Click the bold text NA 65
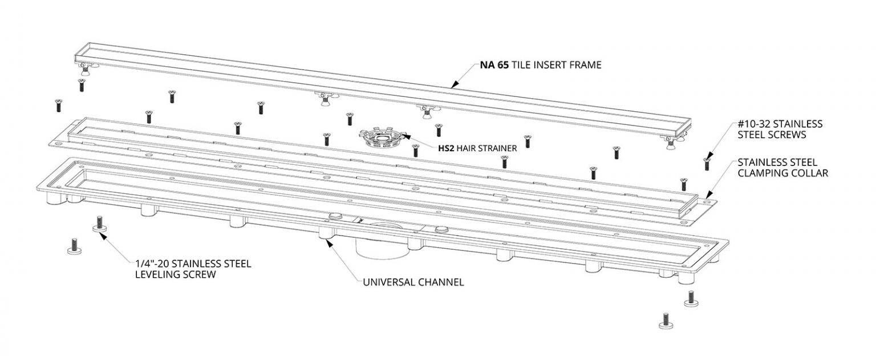click(494, 65)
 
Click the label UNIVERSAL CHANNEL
click(413, 282)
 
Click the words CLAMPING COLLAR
click(783, 173)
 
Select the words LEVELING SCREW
click(176, 274)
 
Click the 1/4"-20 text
click(152, 264)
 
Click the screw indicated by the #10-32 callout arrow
click(707, 164)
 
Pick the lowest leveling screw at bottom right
click(666, 321)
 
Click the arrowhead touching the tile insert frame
click(453, 84)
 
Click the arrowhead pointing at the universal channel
click(330, 244)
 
